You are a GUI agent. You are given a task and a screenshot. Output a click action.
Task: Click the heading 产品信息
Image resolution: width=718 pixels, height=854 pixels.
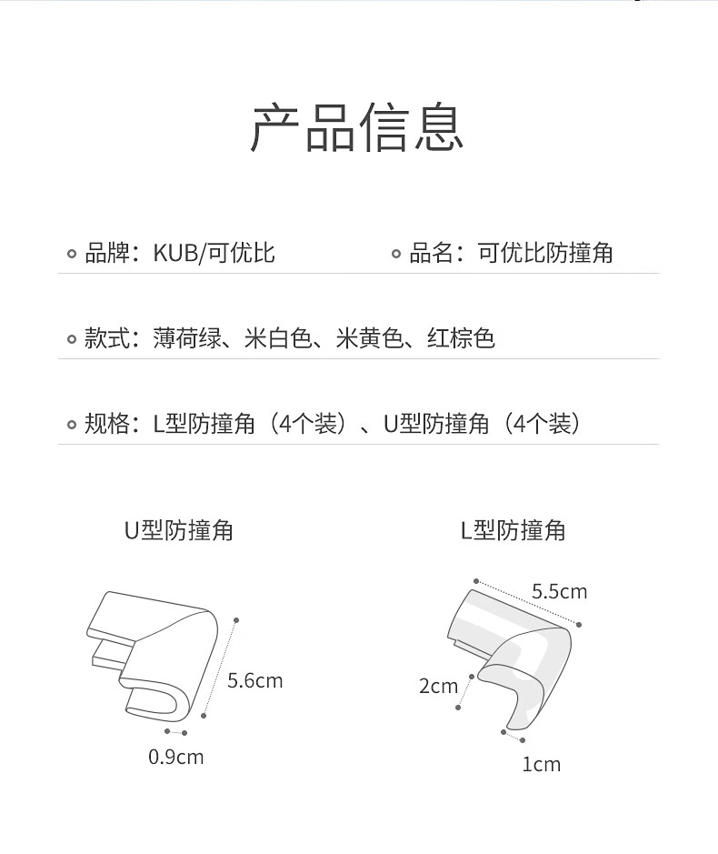pos(356,127)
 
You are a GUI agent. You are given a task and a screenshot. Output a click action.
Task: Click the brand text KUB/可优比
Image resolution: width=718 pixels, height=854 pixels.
pos(214,253)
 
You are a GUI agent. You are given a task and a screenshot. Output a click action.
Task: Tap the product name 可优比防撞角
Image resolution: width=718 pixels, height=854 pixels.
pos(545,253)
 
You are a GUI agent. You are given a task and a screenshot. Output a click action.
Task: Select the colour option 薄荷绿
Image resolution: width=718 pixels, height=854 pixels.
pos(187,338)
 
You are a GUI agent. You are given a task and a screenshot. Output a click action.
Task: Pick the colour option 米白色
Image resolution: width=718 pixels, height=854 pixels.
pos(278,338)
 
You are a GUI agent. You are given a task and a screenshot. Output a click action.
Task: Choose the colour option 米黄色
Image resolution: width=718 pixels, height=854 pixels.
pos(370,338)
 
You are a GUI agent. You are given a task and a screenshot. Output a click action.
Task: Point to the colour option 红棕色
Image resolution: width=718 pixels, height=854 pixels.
pos(461,338)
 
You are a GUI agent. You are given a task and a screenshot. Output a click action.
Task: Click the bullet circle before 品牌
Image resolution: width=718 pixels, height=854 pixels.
pos(71,254)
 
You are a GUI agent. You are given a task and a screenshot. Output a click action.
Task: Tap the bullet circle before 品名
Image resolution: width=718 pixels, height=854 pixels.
pos(396,254)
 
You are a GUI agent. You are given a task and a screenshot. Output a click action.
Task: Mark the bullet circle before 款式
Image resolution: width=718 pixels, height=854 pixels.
pos(71,339)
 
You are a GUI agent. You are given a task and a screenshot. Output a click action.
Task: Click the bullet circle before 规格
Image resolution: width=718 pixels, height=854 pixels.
pos(71,425)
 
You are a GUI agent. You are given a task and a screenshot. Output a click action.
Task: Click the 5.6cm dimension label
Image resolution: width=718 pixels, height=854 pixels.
pos(254,681)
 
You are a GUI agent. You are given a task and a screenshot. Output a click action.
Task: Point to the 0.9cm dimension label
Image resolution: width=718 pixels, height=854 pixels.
pos(175,757)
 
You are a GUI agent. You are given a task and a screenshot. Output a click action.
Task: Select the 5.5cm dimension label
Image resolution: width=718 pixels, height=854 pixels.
pos(560,591)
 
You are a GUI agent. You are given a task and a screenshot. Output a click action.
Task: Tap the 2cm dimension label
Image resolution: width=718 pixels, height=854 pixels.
pos(438,687)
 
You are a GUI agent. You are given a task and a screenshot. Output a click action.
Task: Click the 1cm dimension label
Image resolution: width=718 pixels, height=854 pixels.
pos(541,764)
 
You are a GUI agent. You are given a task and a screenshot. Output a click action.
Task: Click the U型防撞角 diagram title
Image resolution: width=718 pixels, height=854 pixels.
pos(178,530)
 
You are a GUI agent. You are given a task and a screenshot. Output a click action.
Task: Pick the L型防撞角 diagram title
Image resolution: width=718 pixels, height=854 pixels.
pos(513,530)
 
